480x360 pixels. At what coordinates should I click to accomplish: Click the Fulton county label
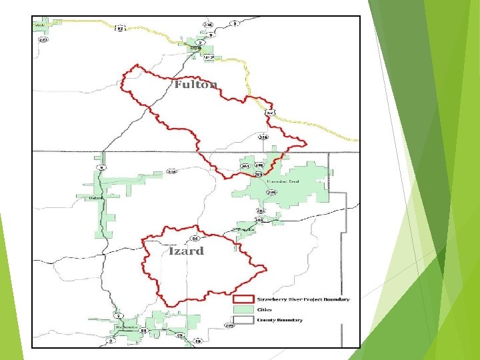(196, 85)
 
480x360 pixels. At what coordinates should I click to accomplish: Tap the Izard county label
(186, 251)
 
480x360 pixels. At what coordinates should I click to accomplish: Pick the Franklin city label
(247, 229)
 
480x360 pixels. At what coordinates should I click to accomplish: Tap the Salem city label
(195, 48)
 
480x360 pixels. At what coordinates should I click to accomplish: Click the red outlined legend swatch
(244, 299)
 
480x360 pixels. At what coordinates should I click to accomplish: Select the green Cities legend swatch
(244, 309)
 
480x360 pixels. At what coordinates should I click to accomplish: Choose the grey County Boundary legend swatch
(244, 319)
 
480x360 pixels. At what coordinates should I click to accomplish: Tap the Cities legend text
(264, 309)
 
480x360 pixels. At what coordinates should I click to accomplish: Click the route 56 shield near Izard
(195, 238)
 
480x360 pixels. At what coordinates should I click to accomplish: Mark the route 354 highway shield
(171, 171)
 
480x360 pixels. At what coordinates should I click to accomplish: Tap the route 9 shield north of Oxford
(101, 167)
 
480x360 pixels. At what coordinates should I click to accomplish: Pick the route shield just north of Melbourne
(117, 316)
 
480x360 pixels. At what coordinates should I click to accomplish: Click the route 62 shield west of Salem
(120, 28)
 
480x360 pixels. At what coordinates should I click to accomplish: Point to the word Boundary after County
(291, 319)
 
